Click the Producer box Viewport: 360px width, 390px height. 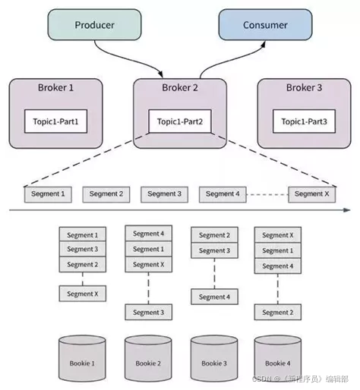point(94,24)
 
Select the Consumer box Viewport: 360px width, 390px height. point(265,24)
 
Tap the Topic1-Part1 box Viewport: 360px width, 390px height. point(55,121)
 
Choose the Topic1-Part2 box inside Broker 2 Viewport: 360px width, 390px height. point(180,121)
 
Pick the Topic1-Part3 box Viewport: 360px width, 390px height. point(304,121)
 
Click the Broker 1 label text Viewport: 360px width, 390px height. point(55,87)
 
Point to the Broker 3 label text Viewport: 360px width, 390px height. point(304,87)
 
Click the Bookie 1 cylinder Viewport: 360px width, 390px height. point(82,359)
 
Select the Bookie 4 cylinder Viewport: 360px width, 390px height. point(278,359)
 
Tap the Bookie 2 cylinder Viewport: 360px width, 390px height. point(148,359)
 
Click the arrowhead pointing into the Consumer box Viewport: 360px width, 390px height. point(264,45)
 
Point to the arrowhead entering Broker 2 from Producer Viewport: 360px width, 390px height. point(160,74)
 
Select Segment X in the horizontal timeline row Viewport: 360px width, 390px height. point(312,194)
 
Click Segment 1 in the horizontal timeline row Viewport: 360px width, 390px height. point(48,194)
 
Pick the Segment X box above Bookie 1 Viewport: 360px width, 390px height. point(83,294)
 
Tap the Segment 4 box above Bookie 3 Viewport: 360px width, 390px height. point(214,297)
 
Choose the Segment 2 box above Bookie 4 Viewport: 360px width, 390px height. point(278,313)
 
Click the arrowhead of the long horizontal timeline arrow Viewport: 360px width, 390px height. point(347,210)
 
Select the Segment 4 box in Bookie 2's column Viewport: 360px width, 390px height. point(149,233)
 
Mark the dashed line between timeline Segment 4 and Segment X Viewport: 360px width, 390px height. point(267,195)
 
